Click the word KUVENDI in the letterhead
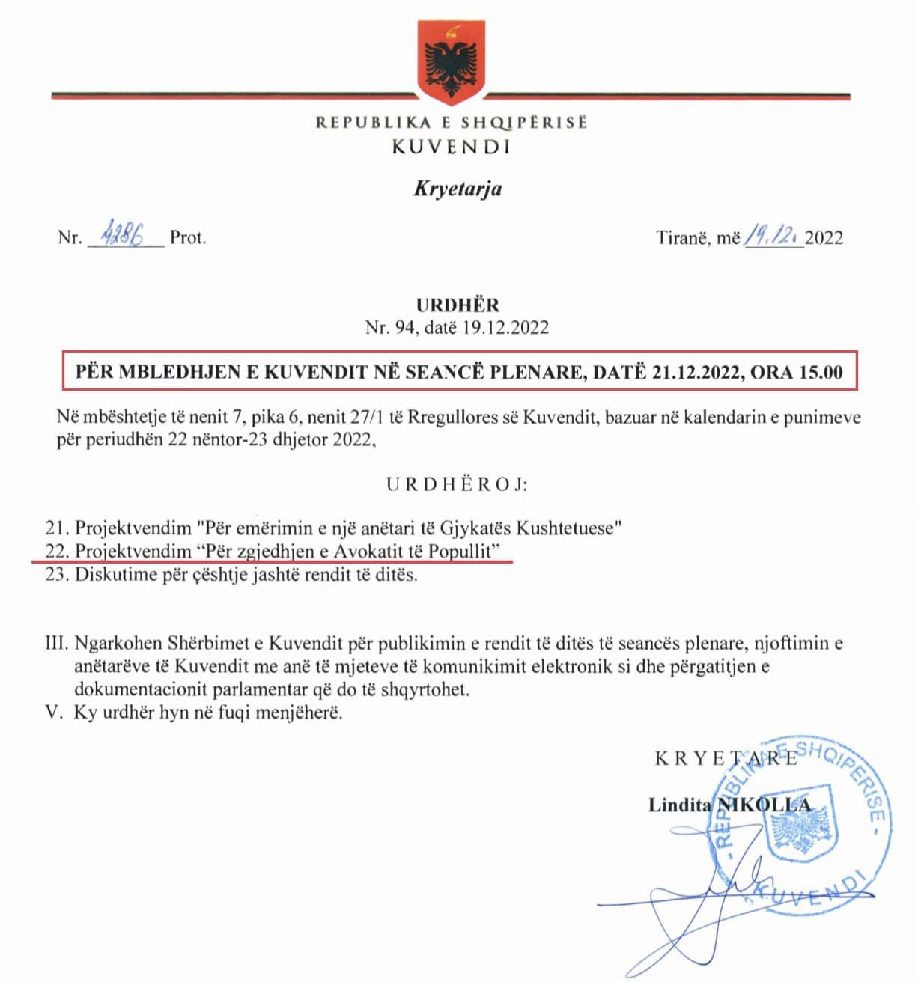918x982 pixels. [x=452, y=147]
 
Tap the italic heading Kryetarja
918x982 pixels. [x=458, y=187]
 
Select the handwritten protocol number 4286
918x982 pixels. [x=125, y=237]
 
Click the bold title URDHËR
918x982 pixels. [x=458, y=305]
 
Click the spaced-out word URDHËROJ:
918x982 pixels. [x=458, y=484]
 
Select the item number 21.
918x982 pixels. [x=57, y=528]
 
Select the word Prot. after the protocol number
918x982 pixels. [x=188, y=238]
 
